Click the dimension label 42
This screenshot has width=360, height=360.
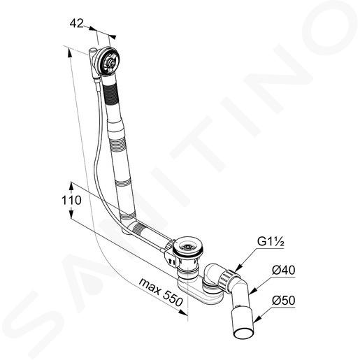[76, 23]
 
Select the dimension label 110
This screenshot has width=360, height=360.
[71, 201]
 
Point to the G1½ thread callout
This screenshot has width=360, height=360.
[271, 241]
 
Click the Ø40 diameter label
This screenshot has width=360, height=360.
[283, 270]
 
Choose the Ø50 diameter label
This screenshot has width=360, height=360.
[283, 301]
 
